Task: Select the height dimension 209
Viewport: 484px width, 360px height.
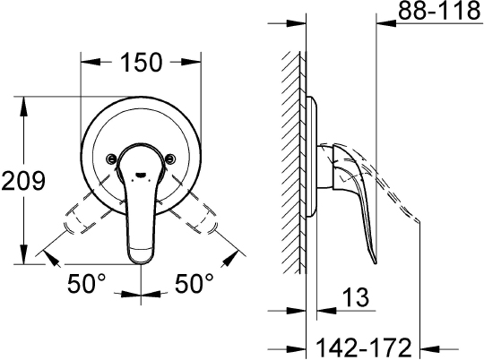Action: (x=23, y=181)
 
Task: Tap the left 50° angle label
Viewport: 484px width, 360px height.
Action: (x=88, y=286)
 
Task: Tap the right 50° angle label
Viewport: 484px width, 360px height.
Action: (x=194, y=286)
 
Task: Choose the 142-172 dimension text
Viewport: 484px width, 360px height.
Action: (x=365, y=345)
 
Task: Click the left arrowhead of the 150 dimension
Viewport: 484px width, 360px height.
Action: (x=85, y=63)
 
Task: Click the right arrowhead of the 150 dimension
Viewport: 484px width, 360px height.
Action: (x=198, y=63)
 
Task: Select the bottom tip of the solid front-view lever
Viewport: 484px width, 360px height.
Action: (x=142, y=260)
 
